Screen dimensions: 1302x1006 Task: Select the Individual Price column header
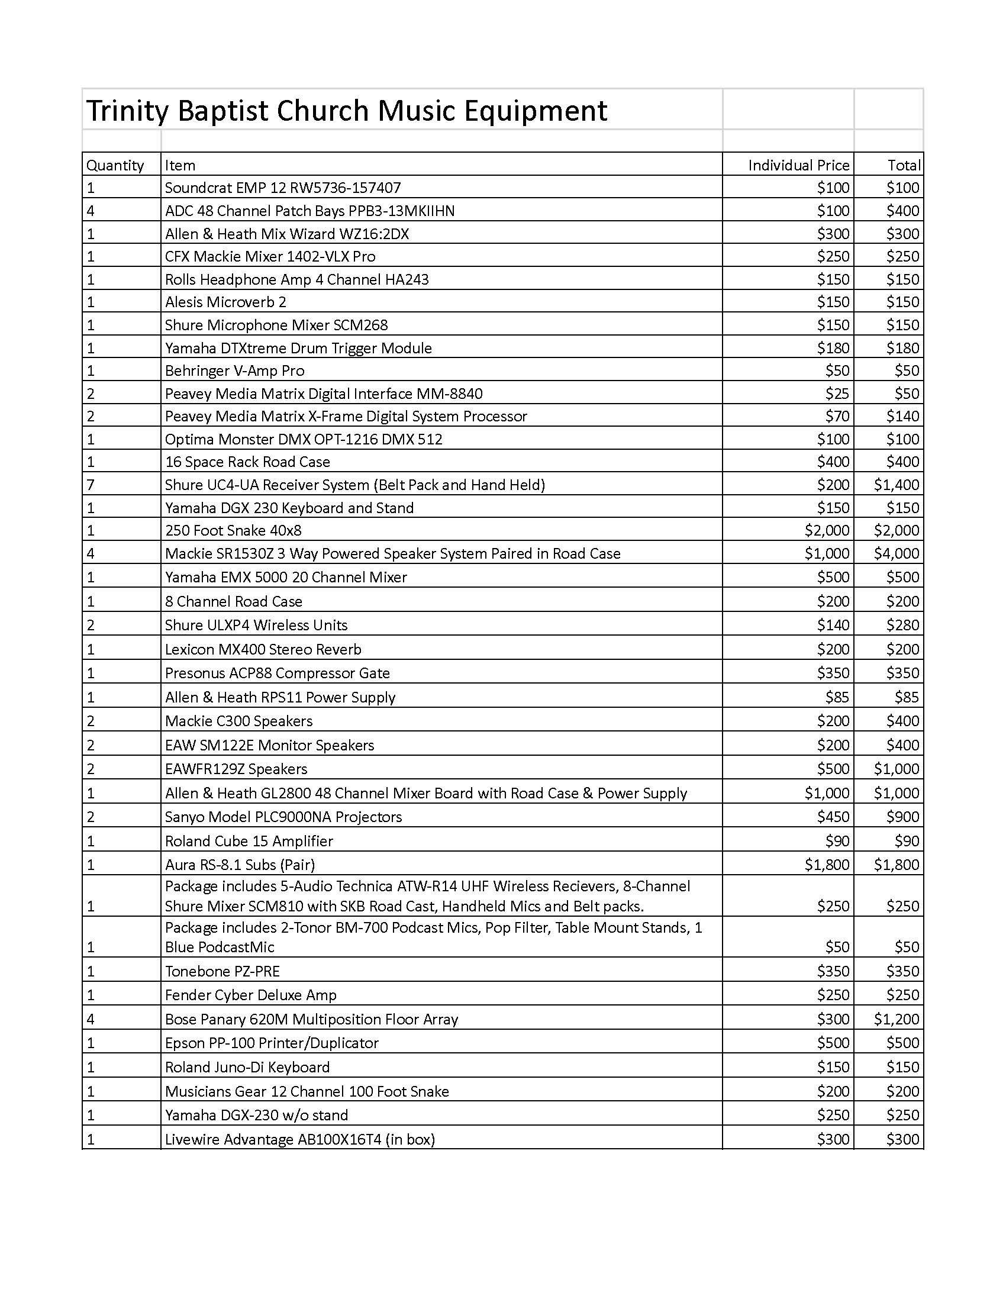[798, 165]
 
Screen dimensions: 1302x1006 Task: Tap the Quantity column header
[115, 165]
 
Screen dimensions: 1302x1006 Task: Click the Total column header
[904, 165]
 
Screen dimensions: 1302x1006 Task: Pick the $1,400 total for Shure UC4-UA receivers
[896, 485]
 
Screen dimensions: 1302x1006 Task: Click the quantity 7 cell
[91, 485]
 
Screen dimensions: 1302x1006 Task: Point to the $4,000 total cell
[896, 553]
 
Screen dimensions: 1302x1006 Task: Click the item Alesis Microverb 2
[225, 302]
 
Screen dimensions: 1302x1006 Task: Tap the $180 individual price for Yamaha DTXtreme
[833, 348]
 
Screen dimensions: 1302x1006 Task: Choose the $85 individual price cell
[837, 697]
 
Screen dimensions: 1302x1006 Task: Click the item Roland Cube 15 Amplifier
[249, 841]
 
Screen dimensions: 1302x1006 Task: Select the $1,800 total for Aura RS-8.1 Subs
[896, 865]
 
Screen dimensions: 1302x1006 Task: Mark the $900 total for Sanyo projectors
[902, 817]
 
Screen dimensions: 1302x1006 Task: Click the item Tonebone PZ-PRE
[222, 971]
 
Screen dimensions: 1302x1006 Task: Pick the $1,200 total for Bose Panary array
[896, 1019]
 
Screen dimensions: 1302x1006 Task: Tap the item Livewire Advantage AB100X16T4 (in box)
[300, 1139]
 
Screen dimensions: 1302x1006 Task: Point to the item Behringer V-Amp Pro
[234, 371]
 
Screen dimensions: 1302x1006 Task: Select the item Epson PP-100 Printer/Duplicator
[271, 1043]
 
